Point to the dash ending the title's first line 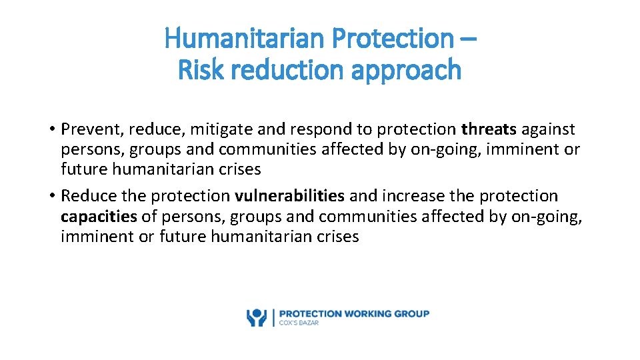pyautogui.click(x=468, y=39)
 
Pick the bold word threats pyautogui.click(x=489, y=129)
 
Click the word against pyautogui.click(x=549, y=129)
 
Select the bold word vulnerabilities pyautogui.click(x=289, y=196)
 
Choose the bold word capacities pyautogui.click(x=99, y=216)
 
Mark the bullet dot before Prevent pyautogui.click(x=51, y=129)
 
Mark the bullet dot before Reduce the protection pyautogui.click(x=51, y=196)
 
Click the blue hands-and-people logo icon pyautogui.click(x=256, y=317)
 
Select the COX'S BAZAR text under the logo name pyautogui.click(x=299, y=323)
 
